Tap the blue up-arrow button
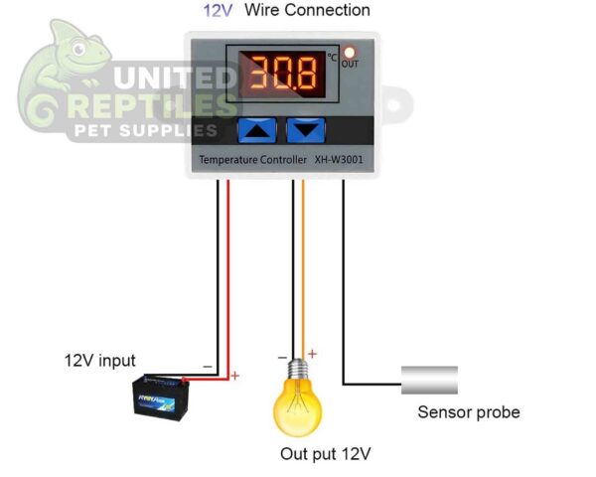(x=257, y=129)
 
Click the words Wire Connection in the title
(x=307, y=11)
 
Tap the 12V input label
(x=99, y=360)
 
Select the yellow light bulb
(x=300, y=399)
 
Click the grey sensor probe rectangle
(x=429, y=380)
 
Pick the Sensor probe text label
(x=468, y=411)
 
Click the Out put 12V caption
(x=325, y=454)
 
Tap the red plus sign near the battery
(x=235, y=376)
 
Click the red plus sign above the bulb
(x=313, y=353)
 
